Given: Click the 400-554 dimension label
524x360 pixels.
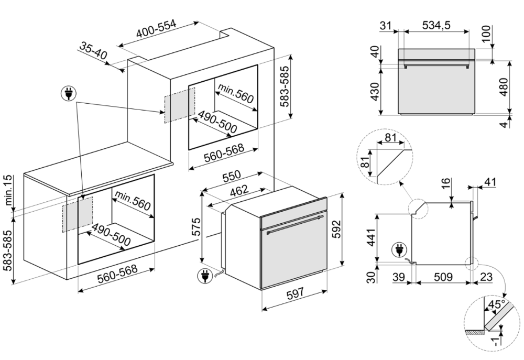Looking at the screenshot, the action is point(156,28).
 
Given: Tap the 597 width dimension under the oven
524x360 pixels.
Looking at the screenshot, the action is point(296,293).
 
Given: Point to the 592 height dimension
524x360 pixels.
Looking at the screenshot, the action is point(336,229).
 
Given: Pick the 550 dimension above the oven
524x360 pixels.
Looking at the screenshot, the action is point(232,176).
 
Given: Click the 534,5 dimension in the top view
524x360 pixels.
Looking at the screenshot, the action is point(436,25).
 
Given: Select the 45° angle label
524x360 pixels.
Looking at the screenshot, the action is point(497,304).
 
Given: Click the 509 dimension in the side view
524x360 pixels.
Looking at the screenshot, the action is point(443,277).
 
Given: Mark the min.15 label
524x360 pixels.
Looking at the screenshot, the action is point(7,190).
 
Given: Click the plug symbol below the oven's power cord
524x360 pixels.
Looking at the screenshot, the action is point(204,276).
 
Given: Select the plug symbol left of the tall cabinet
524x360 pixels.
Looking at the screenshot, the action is point(69,94).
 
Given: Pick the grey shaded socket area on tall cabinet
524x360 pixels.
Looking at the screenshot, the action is point(179,105).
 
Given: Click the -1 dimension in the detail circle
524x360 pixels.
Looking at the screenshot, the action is point(496,341).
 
